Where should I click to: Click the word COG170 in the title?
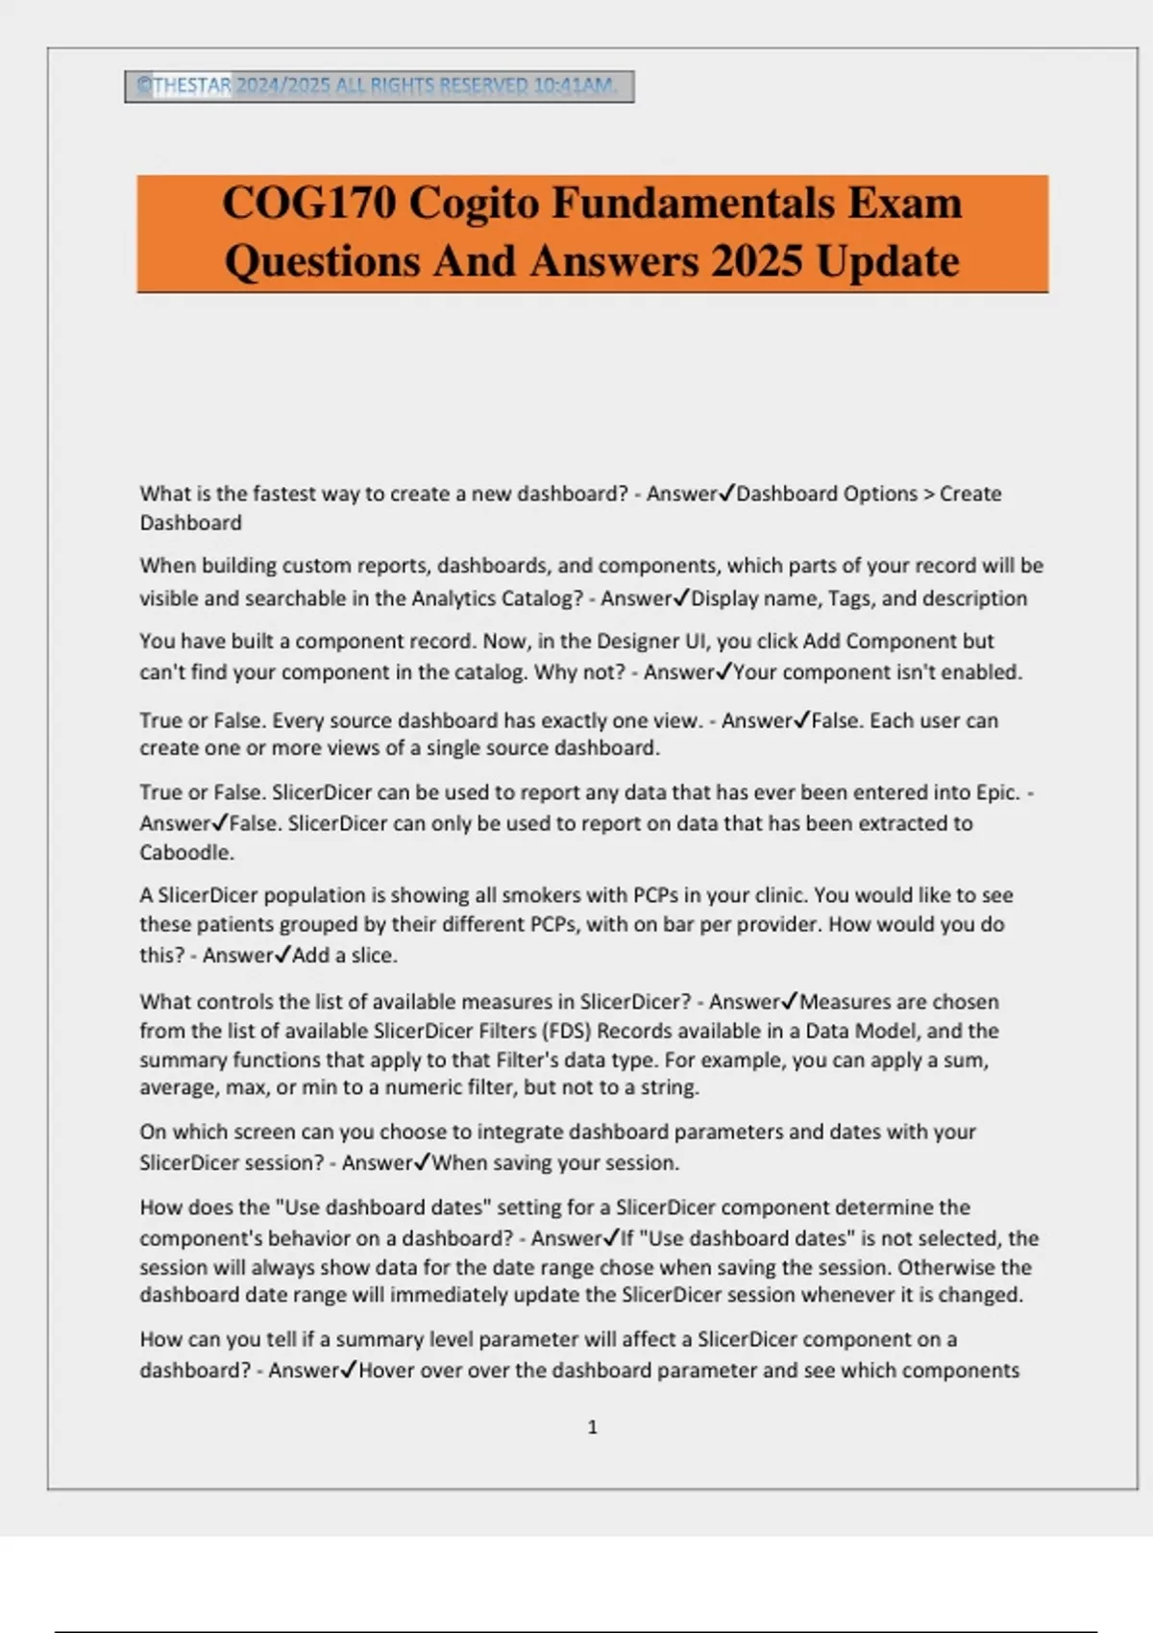point(308,203)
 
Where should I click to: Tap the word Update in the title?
point(888,261)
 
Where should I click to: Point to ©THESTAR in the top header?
point(184,85)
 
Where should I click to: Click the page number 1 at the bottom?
point(592,1427)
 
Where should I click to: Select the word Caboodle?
point(186,852)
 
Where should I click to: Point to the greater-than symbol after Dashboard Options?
point(928,494)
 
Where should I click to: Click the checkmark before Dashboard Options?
point(726,493)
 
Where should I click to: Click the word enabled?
point(983,672)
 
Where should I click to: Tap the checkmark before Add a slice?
point(282,954)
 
